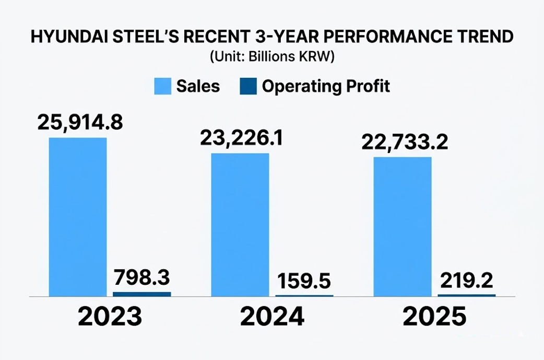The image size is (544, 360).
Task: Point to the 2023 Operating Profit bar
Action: pyautogui.click(x=141, y=294)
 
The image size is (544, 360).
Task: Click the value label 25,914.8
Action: pyautogui.click(x=80, y=122)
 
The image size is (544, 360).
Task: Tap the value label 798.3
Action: pyautogui.click(x=142, y=276)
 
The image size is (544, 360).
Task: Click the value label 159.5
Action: pyautogui.click(x=304, y=281)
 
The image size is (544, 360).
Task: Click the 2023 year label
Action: pyautogui.click(x=110, y=317)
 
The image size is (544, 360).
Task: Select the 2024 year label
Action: pyautogui.click(x=272, y=317)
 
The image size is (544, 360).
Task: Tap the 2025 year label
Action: pyautogui.click(x=434, y=317)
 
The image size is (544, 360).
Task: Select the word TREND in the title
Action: pyautogui.click(x=481, y=38)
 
